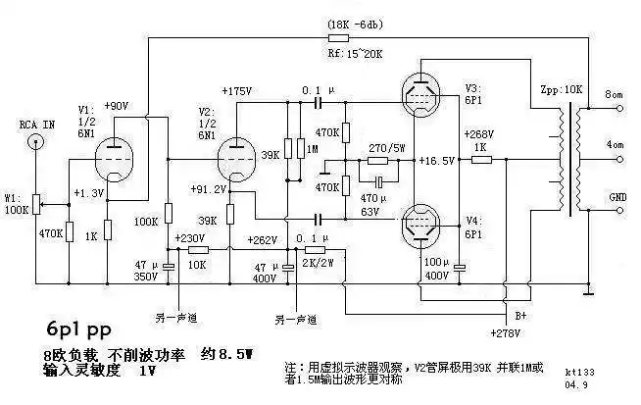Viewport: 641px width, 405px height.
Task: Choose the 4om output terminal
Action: click(x=616, y=145)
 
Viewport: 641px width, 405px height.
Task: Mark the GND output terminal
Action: click(x=617, y=197)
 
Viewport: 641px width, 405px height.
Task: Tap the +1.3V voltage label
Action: click(x=88, y=193)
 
